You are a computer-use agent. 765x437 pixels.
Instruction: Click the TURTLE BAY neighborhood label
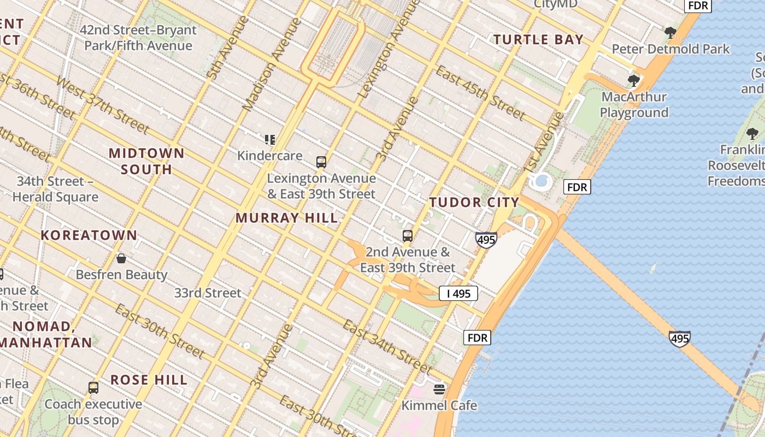539,39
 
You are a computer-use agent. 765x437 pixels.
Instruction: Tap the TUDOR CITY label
474,202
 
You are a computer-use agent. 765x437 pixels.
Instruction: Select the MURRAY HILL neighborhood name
287,217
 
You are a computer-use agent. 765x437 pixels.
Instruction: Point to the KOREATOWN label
89,235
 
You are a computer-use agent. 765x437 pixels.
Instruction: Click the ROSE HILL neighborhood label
149,380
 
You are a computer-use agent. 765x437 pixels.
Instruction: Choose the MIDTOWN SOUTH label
146,161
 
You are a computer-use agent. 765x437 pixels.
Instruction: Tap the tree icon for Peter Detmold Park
670,33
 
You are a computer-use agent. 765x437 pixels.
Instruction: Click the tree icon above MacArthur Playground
634,81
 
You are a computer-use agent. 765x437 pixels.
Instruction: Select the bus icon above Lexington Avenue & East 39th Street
321,162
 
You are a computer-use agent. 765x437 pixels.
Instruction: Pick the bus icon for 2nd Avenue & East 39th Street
408,236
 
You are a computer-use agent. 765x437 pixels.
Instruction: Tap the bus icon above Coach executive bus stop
93,388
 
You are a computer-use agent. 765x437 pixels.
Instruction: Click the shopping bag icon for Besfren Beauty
121,258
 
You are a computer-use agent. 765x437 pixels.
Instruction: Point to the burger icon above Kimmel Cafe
439,389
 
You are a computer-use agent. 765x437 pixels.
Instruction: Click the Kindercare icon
269,140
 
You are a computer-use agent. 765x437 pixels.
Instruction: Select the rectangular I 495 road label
458,293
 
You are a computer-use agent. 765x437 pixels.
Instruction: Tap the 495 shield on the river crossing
679,339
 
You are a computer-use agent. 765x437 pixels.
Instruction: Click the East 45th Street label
480,92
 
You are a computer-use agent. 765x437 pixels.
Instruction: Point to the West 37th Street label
102,105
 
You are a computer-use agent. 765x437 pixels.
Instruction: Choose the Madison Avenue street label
272,64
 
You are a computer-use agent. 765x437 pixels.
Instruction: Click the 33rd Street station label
208,293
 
